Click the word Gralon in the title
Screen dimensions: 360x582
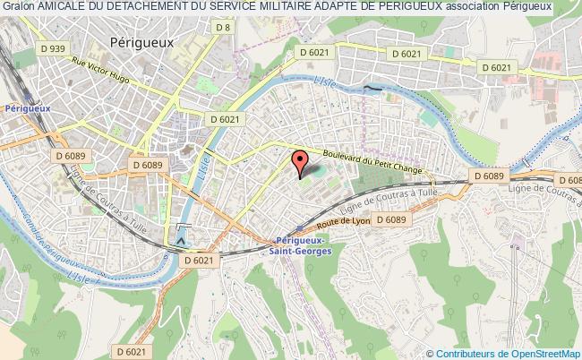coord(17,7)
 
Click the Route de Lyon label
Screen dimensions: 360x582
coord(343,218)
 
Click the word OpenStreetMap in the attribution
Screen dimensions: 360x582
coord(542,353)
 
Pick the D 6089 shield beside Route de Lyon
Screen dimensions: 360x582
coord(391,219)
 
